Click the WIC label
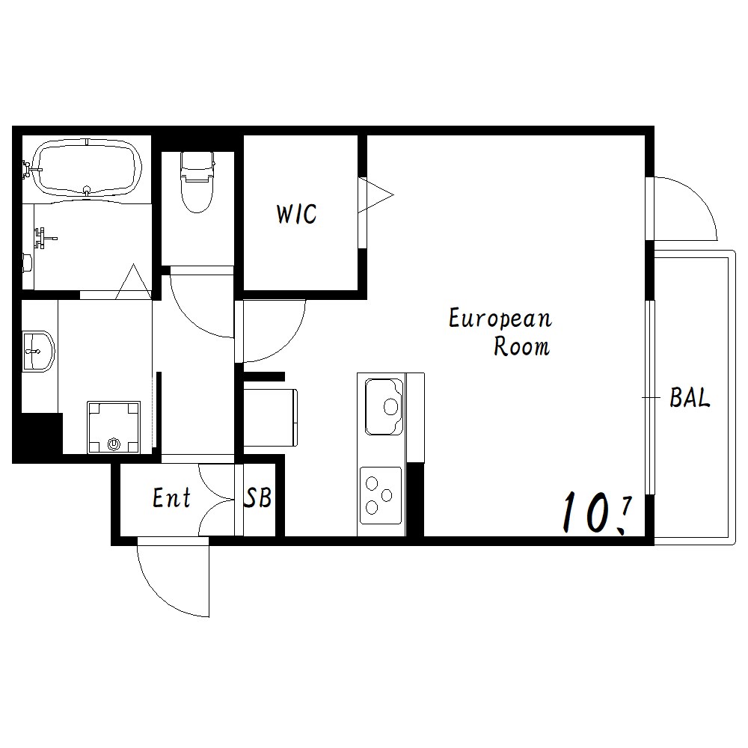pos(296,214)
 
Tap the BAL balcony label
pos(690,397)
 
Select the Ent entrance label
pos(172,497)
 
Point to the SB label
pos(258,497)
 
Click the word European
pos(500,319)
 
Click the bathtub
pos(87,167)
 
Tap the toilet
pos(197,182)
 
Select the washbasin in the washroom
pos(38,352)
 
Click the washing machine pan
pos(114,427)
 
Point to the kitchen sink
pos(384,406)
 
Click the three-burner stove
pos(380,496)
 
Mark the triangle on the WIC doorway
pos(375,194)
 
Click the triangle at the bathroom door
pos(134,282)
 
